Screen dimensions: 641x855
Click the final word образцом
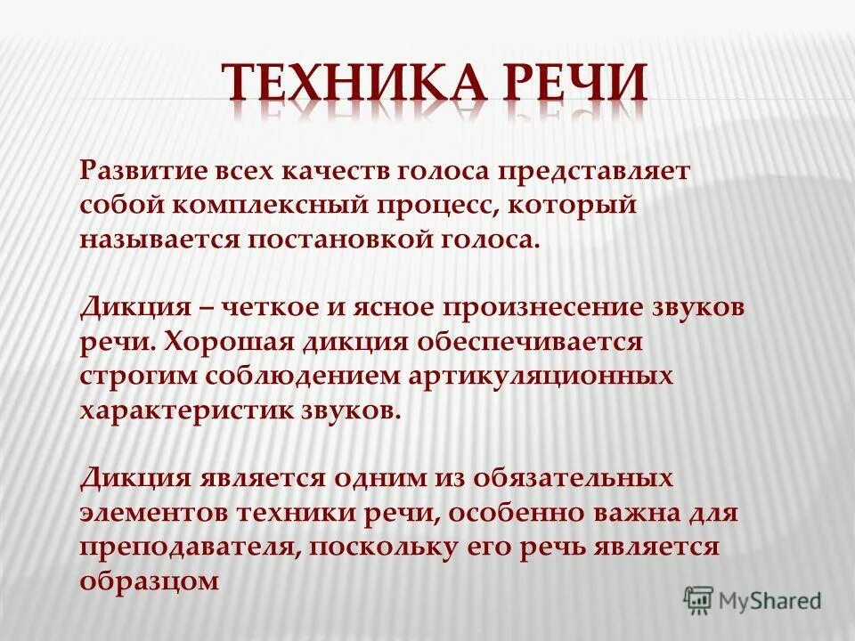pyautogui.click(x=150, y=581)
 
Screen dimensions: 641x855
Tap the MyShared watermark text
pyautogui.click(x=771, y=601)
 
